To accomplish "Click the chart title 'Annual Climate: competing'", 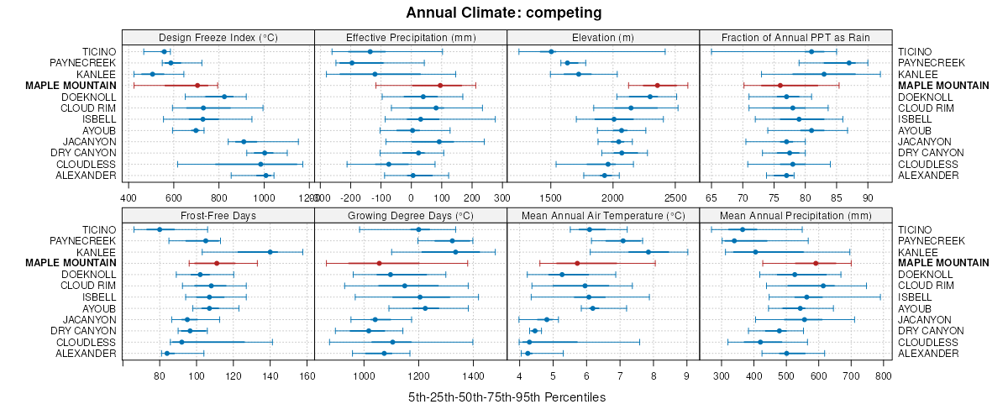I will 504,13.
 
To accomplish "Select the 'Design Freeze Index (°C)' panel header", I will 218,37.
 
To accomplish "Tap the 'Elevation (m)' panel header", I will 603,37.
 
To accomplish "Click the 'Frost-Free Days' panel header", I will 218,215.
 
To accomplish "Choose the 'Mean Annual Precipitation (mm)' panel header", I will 795,215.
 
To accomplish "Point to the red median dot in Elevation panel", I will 657,85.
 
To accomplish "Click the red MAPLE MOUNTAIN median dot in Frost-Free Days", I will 217,263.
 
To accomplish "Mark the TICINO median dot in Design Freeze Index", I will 164,51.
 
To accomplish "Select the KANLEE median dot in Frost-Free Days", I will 270,252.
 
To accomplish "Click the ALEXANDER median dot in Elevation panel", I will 604,175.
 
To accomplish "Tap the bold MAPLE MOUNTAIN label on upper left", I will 71,85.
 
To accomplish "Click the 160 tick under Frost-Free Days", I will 307,375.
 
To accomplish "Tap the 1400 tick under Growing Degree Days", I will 473,375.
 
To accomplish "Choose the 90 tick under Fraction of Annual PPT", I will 867,197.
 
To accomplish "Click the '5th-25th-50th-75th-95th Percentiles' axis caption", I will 507,396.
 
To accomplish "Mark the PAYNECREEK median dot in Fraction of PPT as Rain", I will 848,63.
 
